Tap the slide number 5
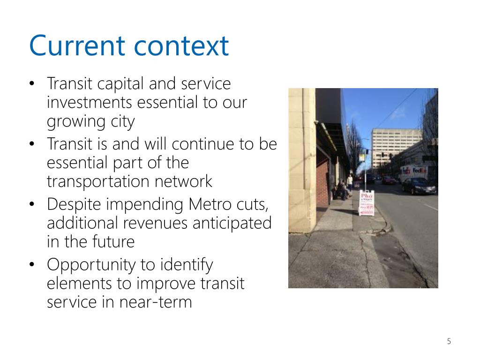[449, 341]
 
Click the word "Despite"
[75, 205]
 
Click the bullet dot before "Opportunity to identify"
[32, 265]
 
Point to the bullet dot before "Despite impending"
[32, 205]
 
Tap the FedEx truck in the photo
[413, 172]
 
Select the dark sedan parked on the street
[419, 187]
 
